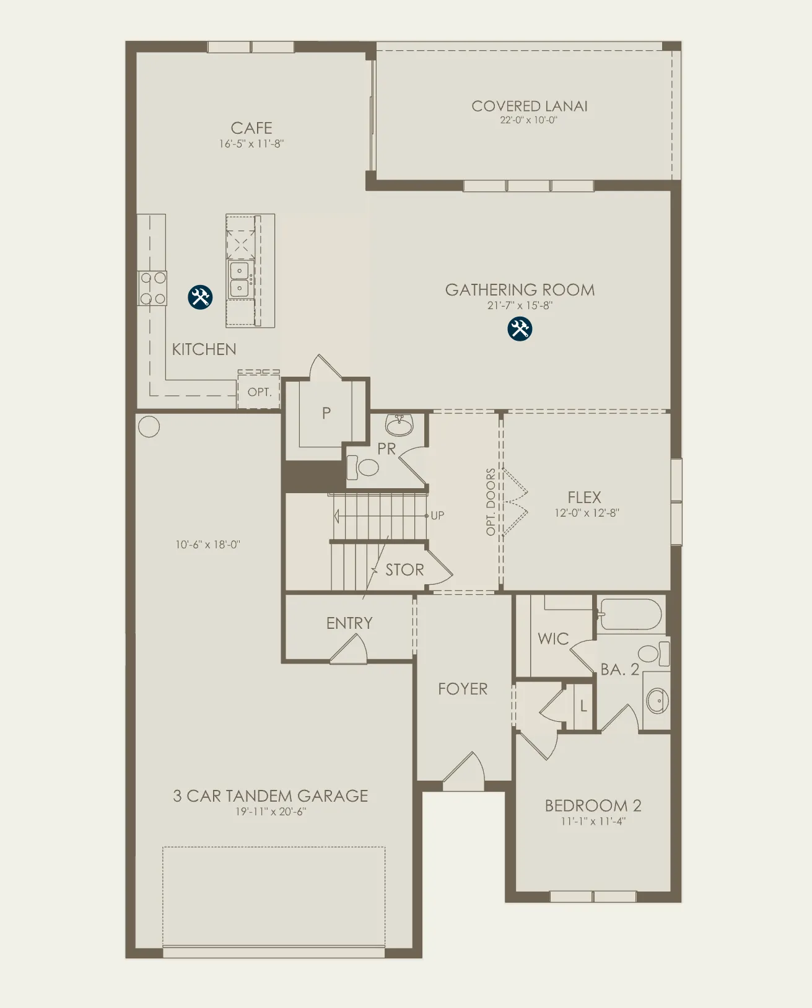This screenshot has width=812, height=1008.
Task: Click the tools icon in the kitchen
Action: point(200,297)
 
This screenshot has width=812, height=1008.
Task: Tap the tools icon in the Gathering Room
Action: point(519,328)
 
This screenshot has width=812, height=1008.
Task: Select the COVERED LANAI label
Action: point(529,107)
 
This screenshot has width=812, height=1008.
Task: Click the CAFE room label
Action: point(251,128)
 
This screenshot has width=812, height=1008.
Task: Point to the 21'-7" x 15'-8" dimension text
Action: point(520,305)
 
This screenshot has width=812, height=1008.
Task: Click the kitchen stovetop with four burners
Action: point(152,288)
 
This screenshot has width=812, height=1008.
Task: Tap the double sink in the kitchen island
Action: point(240,279)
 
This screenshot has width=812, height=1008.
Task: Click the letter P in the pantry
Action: point(326,413)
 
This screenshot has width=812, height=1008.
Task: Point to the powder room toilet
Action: point(362,468)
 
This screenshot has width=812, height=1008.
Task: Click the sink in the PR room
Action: point(399,424)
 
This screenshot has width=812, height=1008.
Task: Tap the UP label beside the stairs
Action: point(437,515)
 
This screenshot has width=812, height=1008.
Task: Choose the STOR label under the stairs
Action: point(404,570)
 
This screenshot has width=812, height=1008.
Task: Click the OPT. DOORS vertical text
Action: point(491,502)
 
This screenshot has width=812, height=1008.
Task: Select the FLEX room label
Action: point(585,497)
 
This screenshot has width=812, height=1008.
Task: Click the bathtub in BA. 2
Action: point(631,614)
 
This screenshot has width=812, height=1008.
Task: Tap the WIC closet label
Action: point(553,639)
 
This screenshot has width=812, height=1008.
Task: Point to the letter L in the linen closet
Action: point(583,706)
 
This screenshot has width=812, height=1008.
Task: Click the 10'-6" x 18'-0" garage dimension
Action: point(208,545)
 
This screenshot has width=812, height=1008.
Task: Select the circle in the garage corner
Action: point(149,427)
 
